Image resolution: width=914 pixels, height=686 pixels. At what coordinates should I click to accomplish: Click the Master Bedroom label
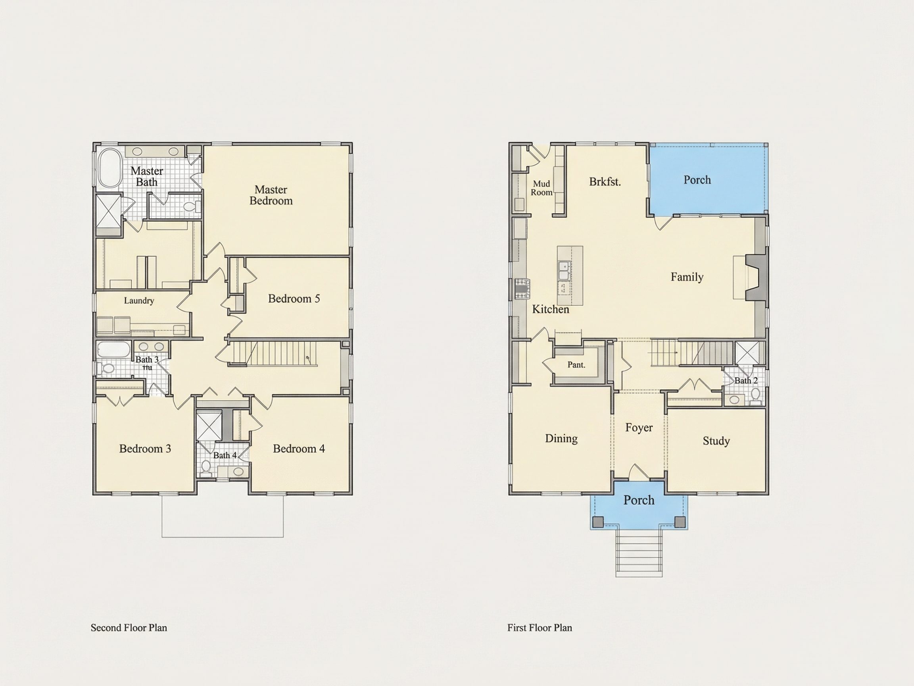click(271, 195)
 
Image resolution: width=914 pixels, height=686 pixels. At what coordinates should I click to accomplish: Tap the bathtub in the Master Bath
click(110, 168)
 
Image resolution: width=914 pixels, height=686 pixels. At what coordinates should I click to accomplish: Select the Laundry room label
click(139, 301)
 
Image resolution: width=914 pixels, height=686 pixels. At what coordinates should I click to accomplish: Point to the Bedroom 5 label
click(294, 299)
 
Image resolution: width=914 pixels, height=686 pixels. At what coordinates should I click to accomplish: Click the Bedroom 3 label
click(145, 449)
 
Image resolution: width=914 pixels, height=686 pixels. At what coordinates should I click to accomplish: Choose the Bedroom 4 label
click(299, 449)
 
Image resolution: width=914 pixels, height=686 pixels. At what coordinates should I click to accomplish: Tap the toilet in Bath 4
click(206, 467)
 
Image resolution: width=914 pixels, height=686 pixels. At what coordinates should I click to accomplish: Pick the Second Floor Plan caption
click(129, 628)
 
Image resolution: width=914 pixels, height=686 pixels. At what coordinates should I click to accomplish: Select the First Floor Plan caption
click(540, 628)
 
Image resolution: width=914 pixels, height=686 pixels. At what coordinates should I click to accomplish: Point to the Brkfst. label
click(605, 182)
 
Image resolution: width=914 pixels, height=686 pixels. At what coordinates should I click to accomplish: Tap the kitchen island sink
click(564, 270)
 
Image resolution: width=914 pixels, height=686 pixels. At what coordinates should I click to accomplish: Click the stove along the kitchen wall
click(522, 288)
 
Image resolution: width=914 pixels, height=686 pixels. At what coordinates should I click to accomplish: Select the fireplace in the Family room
click(755, 277)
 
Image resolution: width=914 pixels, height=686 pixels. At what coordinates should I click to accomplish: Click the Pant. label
click(576, 365)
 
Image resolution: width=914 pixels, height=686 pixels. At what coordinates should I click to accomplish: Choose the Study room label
click(716, 441)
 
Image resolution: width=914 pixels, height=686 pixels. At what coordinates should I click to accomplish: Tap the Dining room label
click(561, 438)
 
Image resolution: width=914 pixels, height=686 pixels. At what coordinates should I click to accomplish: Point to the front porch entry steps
click(639, 553)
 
